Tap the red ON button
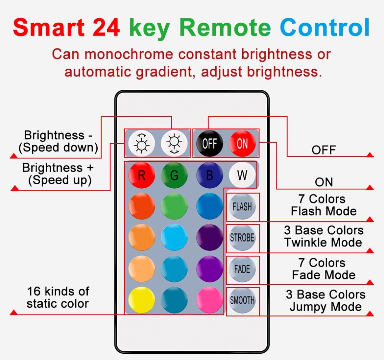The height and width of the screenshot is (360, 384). (x=242, y=143)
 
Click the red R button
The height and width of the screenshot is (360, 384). (x=142, y=175)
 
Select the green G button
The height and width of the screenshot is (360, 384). (x=174, y=175)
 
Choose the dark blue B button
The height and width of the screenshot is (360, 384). (x=209, y=175)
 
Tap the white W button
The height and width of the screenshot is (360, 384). (x=242, y=175)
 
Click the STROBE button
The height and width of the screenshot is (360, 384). (x=242, y=238)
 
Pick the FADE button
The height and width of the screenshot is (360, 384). (x=242, y=269)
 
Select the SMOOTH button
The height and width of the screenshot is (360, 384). (x=242, y=300)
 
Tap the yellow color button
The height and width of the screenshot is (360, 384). (x=142, y=300)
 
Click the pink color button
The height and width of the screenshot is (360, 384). (x=209, y=300)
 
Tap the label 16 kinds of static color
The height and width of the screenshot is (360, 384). (x=58, y=297)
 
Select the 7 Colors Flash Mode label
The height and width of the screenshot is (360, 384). (x=324, y=205)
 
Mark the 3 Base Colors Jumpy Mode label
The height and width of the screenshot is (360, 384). (x=326, y=301)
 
